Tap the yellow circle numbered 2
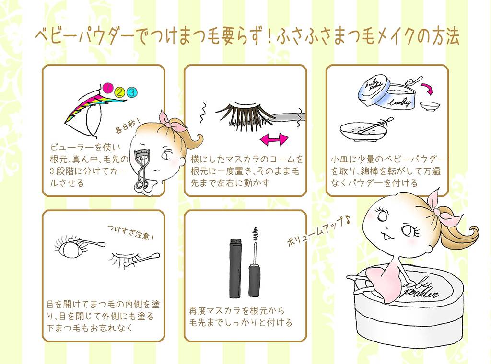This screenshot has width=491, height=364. (x=119, y=91)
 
